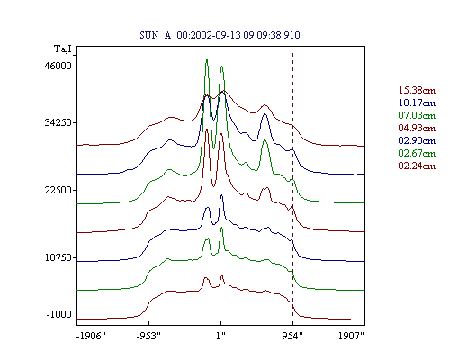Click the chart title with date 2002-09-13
[220, 35]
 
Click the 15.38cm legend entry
[417, 90]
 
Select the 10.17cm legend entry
[417, 103]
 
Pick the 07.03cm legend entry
[417, 115]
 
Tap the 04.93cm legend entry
[417, 128]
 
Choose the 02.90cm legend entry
[417, 140]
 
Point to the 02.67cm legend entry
[417, 153]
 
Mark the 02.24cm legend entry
[417, 166]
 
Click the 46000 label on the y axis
[58, 66]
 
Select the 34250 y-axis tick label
[58, 122]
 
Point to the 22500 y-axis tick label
[58, 190]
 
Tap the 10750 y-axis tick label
[58, 257]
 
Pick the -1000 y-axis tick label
[59, 314]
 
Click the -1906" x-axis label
[91, 336]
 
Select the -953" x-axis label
[148, 336]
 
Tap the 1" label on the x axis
[220, 336]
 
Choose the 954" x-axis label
[292, 336]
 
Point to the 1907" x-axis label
[351, 336]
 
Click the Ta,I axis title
[63, 49]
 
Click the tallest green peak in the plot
[207, 60]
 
